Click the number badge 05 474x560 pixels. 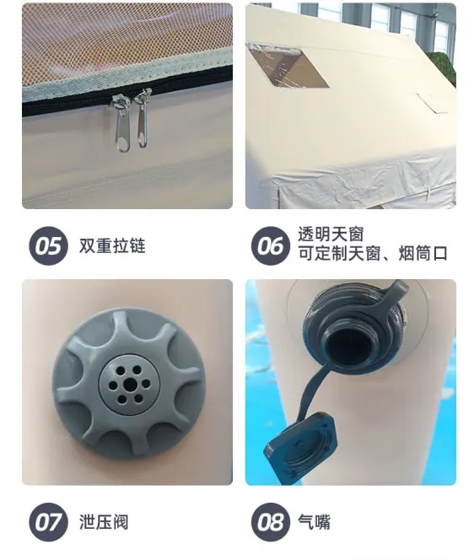[48, 245]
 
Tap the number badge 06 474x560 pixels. [271, 245]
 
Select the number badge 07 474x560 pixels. [48, 522]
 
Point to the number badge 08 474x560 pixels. [271, 522]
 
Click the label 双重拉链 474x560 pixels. [112, 245]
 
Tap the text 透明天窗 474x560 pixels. [331, 234]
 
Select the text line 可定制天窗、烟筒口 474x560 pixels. [373, 253]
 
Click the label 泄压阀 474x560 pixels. [104, 522]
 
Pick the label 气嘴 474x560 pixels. [314, 522]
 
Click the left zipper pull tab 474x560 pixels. [121, 125]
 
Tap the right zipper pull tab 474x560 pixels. [143, 119]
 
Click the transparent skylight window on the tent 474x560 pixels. [288, 66]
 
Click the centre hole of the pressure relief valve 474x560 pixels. [129, 385]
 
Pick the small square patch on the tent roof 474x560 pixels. [433, 103]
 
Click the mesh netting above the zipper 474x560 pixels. [121, 35]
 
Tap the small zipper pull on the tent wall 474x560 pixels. [428, 192]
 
